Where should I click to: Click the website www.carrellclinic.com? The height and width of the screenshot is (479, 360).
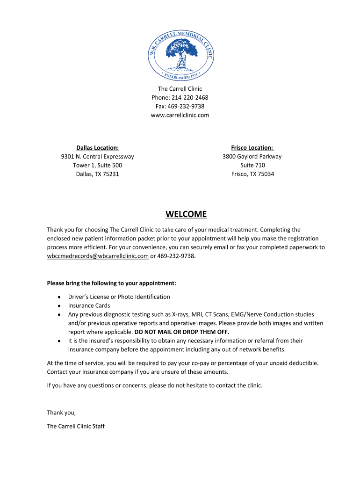click(180, 115)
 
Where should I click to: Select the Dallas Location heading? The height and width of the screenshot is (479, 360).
click(97, 148)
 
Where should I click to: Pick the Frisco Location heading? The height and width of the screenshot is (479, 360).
click(252, 148)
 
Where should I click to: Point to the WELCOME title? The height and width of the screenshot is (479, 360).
click(186, 214)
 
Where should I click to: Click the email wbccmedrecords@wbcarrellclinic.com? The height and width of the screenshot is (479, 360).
click(98, 256)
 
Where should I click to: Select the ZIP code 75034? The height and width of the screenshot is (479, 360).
click(266, 174)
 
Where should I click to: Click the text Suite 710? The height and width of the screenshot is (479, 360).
click(252, 165)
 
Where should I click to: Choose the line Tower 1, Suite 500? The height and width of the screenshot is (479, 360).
click(97, 165)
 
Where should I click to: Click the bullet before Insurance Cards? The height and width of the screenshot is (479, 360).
click(58, 306)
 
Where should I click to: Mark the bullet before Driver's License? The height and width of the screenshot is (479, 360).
click(58, 297)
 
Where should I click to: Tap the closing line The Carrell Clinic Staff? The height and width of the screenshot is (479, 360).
click(76, 426)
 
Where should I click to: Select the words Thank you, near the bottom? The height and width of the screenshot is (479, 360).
click(61, 412)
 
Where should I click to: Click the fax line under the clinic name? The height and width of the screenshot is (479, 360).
click(180, 106)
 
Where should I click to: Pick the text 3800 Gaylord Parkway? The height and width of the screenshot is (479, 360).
click(252, 156)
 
